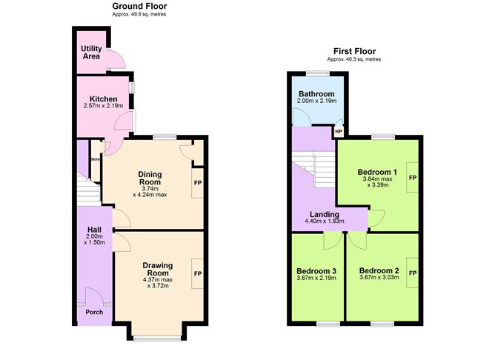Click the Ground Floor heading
point(139,6)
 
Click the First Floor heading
point(354,51)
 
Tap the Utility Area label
point(91,53)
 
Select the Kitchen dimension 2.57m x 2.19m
point(103,106)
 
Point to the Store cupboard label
point(96,159)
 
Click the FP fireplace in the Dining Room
point(198,183)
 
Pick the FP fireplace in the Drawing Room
point(198,273)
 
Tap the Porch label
point(94,312)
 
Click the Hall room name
point(94,230)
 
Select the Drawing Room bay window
point(157,339)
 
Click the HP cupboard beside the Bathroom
point(339,132)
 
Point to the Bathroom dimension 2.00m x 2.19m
point(316,101)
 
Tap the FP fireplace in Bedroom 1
point(413,178)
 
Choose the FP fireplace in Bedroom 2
point(413,273)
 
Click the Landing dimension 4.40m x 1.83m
point(325,221)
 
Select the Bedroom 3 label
point(316,271)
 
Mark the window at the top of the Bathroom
point(318,73)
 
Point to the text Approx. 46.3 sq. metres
point(354,59)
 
